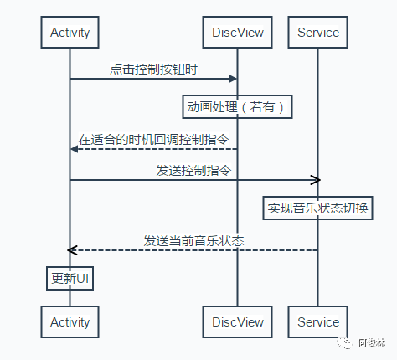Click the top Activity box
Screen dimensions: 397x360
(x=70, y=32)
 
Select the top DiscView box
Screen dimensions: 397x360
(x=237, y=32)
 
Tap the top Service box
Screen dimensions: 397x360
(x=317, y=32)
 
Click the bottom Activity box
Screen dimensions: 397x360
(x=70, y=321)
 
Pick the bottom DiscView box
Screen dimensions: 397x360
(x=237, y=321)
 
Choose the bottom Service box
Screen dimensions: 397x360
(x=317, y=321)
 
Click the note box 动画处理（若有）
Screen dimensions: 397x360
(x=237, y=107)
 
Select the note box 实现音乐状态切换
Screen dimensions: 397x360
(x=317, y=208)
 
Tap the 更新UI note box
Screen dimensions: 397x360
(x=70, y=278)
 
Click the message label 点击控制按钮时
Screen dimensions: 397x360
(x=153, y=69)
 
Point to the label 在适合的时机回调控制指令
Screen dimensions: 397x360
(x=153, y=140)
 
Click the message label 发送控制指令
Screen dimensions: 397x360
(x=193, y=171)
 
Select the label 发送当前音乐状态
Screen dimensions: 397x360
(x=193, y=241)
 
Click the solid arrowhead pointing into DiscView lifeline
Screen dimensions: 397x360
(x=233, y=79)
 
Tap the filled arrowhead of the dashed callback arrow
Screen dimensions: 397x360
(x=75, y=149)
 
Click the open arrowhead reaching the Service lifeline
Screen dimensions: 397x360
(x=316, y=180)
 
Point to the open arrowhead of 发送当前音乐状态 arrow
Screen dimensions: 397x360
(x=72, y=250)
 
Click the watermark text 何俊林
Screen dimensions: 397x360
(x=372, y=343)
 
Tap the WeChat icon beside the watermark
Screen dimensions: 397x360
(x=345, y=342)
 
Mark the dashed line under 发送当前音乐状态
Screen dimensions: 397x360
(x=193, y=250)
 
